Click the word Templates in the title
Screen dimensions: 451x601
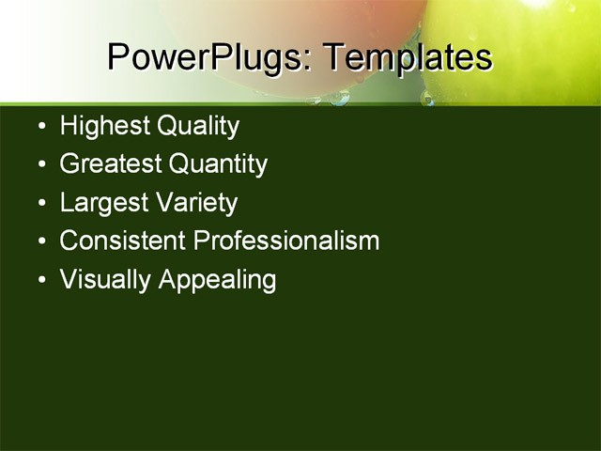click(x=408, y=58)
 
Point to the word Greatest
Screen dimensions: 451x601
click(x=110, y=164)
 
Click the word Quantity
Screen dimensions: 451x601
click(x=218, y=165)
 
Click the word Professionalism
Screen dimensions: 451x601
click(x=286, y=241)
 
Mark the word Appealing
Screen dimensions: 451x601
click(x=217, y=280)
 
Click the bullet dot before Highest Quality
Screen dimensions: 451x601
click(x=39, y=127)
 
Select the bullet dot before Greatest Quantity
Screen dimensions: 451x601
click(x=39, y=165)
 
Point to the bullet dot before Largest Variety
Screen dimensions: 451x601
click(x=39, y=204)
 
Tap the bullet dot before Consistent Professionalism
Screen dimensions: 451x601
click(x=39, y=241)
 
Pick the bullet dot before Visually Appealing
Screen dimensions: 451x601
click(x=39, y=280)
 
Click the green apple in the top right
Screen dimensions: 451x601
click(x=526, y=47)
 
